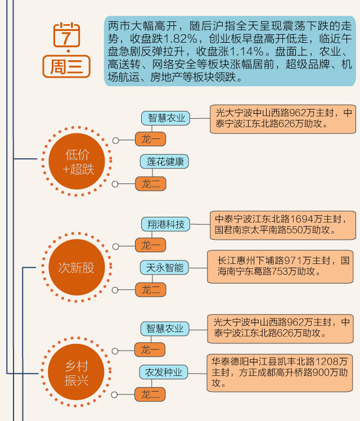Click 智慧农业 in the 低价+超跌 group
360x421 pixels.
point(165,118)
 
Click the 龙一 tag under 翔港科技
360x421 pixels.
point(151,245)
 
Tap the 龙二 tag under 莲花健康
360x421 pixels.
point(151,183)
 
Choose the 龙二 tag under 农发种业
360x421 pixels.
point(151,394)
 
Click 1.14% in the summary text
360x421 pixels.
point(246,52)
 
